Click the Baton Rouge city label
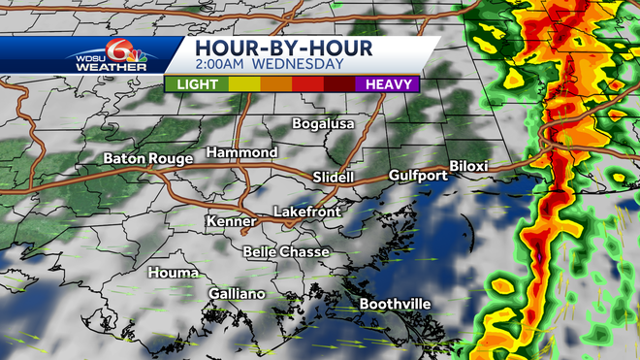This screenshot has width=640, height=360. (148, 157)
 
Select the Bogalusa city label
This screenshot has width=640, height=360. (325, 124)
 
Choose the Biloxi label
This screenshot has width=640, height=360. (470, 167)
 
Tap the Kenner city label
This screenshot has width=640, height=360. (231, 222)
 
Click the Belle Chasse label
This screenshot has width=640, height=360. (286, 252)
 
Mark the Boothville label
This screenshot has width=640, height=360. (395, 304)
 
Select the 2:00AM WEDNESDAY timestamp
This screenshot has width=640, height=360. (269, 65)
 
